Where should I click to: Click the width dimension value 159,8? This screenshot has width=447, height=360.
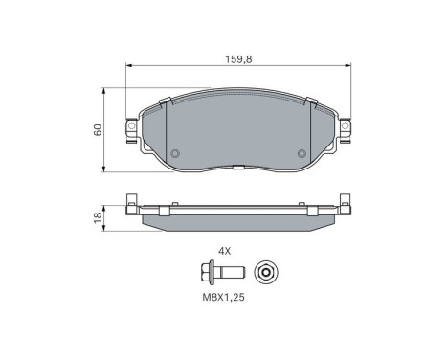[x=237, y=58]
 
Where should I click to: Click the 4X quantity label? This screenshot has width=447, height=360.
[x=225, y=250]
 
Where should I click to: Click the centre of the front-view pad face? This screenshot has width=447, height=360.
[x=237, y=134]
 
